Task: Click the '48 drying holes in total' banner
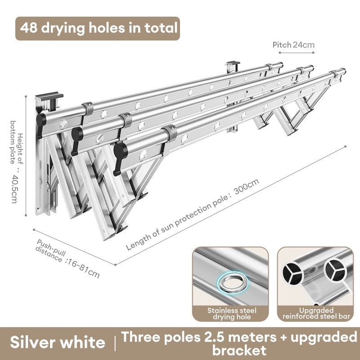click(x=98, y=28)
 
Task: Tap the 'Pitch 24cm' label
click(x=293, y=45)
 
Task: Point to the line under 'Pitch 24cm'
click(x=297, y=53)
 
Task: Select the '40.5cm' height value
click(x=14, y=189)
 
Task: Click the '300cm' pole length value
click(x=246, y=186)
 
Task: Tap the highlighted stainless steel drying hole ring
click(x=233, y=283)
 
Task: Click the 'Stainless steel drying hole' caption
click(x=232, y=314)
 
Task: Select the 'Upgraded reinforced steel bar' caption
click(x=316, y=313)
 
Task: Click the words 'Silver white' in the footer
click(x=58, y=342)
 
